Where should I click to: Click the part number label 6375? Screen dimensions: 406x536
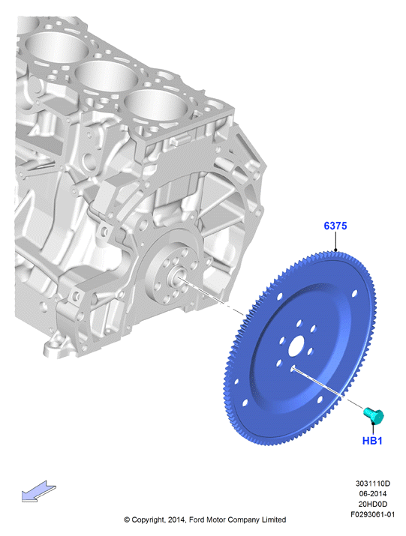tap(335, 226)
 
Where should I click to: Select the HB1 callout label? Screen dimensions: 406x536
tap(372, 441)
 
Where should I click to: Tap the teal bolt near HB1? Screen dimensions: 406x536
tap(374, 415)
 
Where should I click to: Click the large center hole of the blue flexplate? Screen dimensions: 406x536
tap(296, 346)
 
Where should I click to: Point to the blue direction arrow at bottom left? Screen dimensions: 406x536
tap(38, 492)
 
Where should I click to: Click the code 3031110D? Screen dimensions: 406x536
tap(372, 484)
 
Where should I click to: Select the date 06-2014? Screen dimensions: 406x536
tap(372, 493)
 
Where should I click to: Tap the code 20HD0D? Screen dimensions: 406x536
tap(372, 504)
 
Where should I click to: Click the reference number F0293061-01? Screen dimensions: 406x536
tap(372, 514)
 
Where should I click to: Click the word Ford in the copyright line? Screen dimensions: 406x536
tap(196, 520)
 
